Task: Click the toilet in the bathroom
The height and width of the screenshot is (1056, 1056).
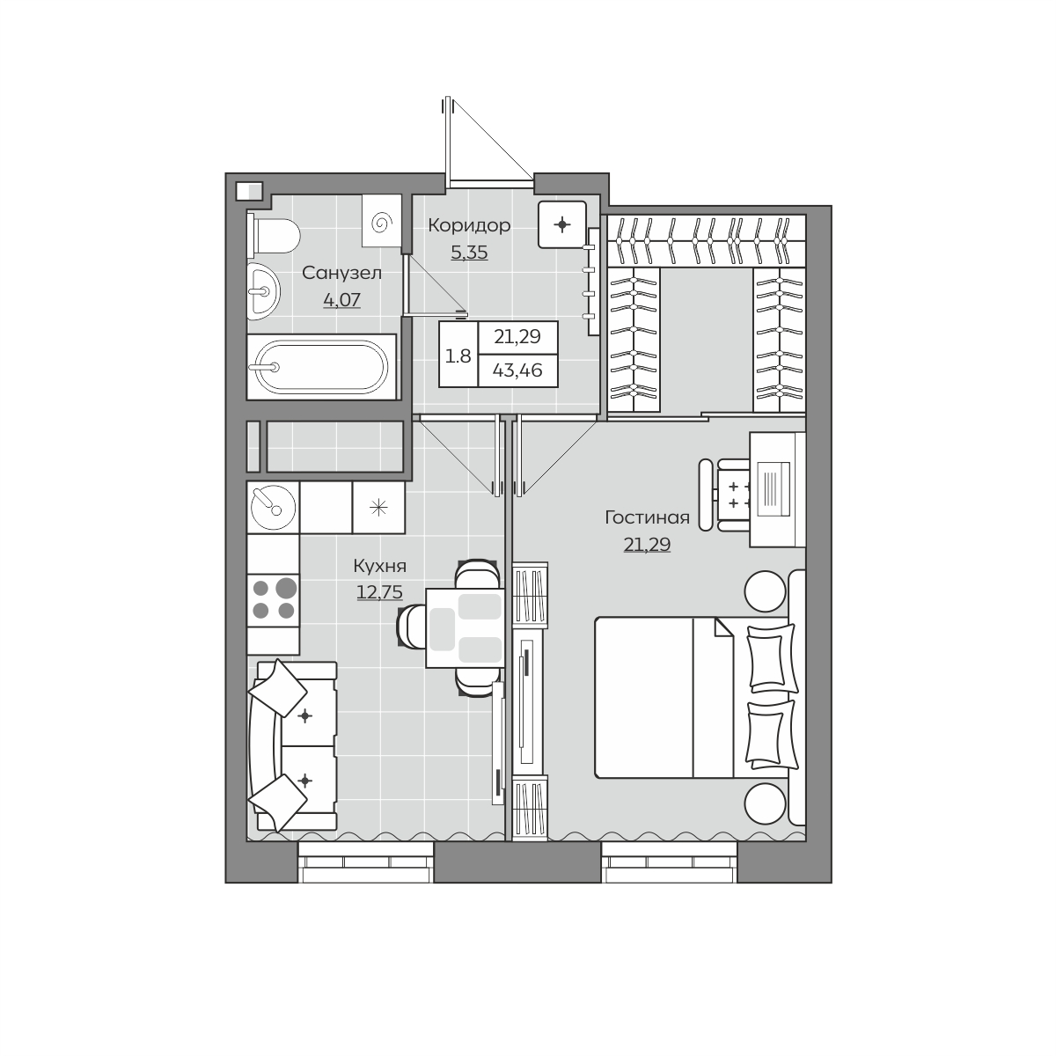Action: [x=273, y=236]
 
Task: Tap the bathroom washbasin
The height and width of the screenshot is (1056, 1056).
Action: [x=263, y=290]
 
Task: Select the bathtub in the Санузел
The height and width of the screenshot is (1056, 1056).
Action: [x=321, y=367]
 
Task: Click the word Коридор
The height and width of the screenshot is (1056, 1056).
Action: [x=469, y=225]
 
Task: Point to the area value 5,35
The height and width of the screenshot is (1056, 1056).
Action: [x=469, y=253]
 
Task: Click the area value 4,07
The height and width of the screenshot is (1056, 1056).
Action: [x=342, y=300]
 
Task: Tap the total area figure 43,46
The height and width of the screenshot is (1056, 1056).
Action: [x=517, y=370]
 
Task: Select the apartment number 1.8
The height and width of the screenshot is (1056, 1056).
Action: [x=458, y=356]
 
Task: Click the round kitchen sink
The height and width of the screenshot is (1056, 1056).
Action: [x=273, y=507]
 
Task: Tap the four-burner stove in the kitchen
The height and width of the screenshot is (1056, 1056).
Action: [x=273, y=601]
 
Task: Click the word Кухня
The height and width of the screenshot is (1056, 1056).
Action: [x=380, y=566]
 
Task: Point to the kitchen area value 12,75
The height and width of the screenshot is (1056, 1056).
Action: [x=380, y=592]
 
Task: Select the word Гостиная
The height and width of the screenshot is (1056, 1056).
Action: [x=647, y=517]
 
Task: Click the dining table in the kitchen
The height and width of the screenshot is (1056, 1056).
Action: [x=465, y=627]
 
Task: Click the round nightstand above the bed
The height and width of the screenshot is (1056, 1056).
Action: [x=765, y=591]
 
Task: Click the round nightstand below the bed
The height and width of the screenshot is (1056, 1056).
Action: [x=765, y=803]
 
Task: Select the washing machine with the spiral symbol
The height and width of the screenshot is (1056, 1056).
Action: [x=382, y=220]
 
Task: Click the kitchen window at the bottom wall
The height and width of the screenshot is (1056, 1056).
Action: [x=365, y=862]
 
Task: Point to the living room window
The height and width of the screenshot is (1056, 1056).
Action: [x=669, y=862]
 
